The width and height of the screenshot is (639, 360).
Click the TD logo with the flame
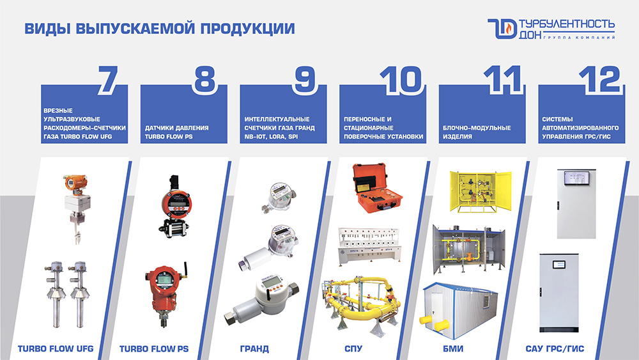(502, 29)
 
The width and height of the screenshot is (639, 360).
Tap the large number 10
(401, 80)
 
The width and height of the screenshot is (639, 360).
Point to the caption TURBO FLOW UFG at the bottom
(56, 348)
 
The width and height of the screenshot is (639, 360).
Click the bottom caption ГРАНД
(254, 349)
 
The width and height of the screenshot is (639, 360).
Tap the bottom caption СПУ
(353, 349)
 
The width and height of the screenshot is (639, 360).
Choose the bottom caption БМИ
(453, 349)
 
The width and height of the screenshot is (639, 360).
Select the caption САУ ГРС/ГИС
(555, 349)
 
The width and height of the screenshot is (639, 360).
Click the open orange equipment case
(377, 188)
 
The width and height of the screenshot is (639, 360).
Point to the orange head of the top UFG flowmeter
(75, 182)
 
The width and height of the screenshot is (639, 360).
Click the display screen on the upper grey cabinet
(576, 178)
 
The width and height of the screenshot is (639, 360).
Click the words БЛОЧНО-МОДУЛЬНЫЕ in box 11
(477, 128)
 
